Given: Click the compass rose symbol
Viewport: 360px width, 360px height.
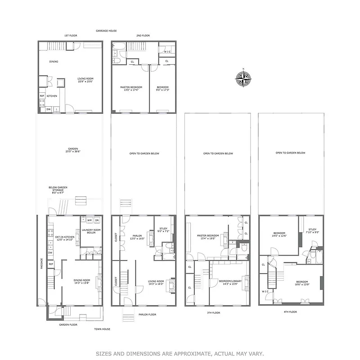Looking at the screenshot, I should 243,79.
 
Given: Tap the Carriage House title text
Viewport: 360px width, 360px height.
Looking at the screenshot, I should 106,31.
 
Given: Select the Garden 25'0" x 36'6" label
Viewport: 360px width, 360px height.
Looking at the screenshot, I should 73,150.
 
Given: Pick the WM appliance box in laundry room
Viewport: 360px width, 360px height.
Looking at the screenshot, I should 90,220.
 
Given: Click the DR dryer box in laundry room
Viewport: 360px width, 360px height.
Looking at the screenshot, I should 97,220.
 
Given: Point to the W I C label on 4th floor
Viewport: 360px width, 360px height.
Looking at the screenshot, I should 265,291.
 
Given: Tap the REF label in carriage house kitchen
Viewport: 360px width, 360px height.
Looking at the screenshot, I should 42,96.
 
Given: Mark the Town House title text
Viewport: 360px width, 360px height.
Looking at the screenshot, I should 102,329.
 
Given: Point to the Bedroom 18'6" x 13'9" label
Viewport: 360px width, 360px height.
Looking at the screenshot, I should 302,283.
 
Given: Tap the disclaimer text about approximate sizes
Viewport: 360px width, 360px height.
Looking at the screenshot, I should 180,354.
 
